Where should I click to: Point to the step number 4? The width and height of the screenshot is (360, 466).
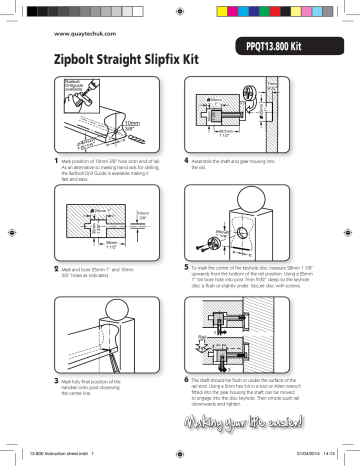pyautogui.click(x=186, y=160)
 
